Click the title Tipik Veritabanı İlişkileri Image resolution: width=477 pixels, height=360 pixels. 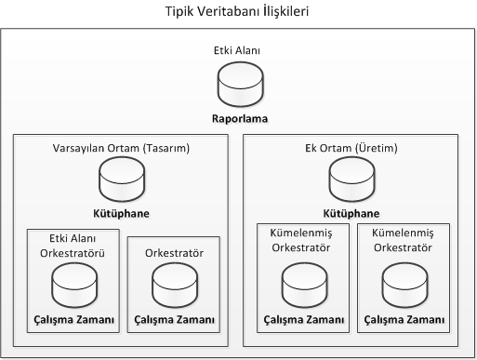[238, 12]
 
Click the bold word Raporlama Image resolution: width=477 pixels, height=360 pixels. [238, 120]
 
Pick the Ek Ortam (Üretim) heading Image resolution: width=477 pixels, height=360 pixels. [350, 148]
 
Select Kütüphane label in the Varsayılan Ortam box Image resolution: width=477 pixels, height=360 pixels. [121, 212]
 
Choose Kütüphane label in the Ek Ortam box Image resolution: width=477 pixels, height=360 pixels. [350, 212]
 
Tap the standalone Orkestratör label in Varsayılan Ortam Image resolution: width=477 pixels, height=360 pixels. [174, 252]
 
